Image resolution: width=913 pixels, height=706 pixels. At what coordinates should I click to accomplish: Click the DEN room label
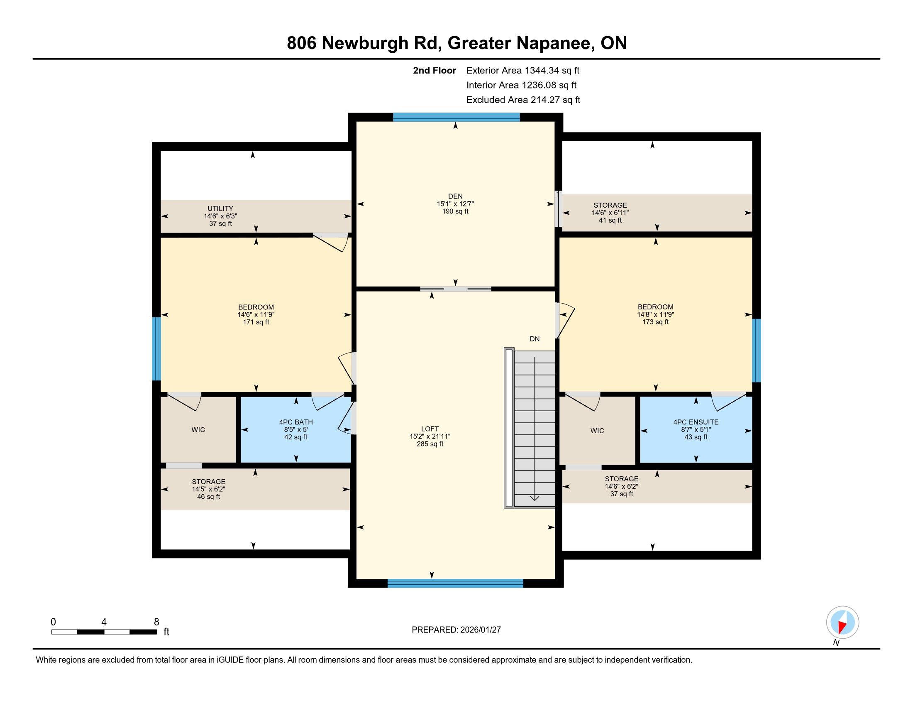[455, 196]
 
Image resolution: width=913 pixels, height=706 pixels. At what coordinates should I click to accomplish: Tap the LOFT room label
[430, 429]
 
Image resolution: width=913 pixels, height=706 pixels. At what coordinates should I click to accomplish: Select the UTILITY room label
[220, 208]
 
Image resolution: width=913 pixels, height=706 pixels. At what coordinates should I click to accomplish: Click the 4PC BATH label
[296, 422]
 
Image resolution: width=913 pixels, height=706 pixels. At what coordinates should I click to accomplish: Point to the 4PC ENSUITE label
[696, 422]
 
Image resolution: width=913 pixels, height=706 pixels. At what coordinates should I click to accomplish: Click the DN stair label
[535, 339]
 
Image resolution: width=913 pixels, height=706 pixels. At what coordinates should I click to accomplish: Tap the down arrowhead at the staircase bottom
[535, 498]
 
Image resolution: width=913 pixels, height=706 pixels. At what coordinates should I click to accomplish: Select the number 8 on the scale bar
[156, 622]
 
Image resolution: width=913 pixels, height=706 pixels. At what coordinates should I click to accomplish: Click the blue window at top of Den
[456, 117]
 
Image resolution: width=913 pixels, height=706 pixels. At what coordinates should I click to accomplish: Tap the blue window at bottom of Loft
[455, 583]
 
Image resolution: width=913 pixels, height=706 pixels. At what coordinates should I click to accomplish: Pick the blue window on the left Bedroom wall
[156, 349]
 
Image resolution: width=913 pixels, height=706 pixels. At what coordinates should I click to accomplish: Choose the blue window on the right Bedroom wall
[756, 351]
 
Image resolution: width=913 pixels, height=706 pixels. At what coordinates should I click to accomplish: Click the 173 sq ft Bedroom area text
[655, 322]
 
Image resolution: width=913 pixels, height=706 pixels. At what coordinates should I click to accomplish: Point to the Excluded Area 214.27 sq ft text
[523, 100]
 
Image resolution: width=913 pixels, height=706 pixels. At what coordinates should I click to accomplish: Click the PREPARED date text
[456, 630]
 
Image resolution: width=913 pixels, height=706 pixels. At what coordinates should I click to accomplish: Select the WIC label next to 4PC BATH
[198, 429]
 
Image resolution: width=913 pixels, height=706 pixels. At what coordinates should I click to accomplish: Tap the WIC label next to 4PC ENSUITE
[597, 431]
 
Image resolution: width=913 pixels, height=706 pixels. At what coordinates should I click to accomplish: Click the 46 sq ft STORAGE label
[209, 497]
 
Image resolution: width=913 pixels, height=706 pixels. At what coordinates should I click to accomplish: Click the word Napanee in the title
[553, 43]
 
